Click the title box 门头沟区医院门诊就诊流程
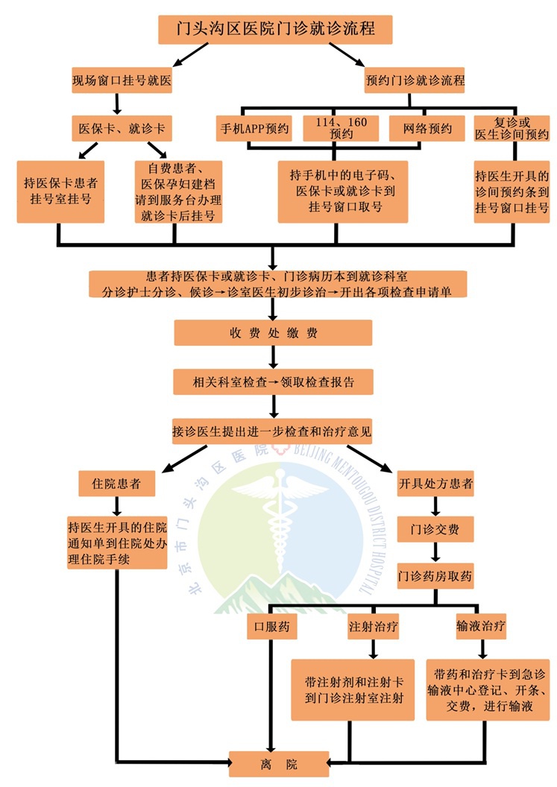[x=275, y=30]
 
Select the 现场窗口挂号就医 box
[x=122, y=80]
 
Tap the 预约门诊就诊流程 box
[x=415, y=80]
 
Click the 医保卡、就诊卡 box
[x=122, y=128]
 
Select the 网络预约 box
[x=427, y=128]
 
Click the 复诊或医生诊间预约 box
[x=511, y=128]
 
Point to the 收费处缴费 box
[x=273, y=333]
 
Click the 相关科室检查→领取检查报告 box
[x=273, y=382]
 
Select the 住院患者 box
[x=117, y=484]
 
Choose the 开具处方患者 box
[x=435, y=484]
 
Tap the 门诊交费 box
[x=435, y=530]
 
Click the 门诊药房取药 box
[x=435, y=576]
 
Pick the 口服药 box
[x=273, y=628]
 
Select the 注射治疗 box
[x=373, y=628]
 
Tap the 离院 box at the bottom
[x=278, y=764]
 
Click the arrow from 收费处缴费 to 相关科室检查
[x=274, y=358]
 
